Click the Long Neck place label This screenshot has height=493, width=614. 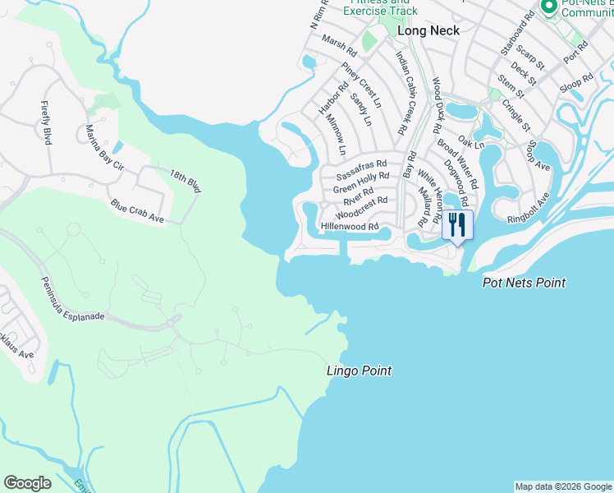coord(428,30)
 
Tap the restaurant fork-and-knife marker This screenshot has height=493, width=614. coord(457,224)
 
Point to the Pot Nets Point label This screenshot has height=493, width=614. coord(524,283)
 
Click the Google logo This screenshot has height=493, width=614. coord(27,483)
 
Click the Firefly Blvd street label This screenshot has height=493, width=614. coord(47,122)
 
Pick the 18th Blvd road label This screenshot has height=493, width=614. coord(185,181)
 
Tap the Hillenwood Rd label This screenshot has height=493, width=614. coord(349,227)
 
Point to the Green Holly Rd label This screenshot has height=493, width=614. coord(361,182)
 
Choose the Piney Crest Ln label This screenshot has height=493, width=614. coord(362,85)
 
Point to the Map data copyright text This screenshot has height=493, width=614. coord(563,486)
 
